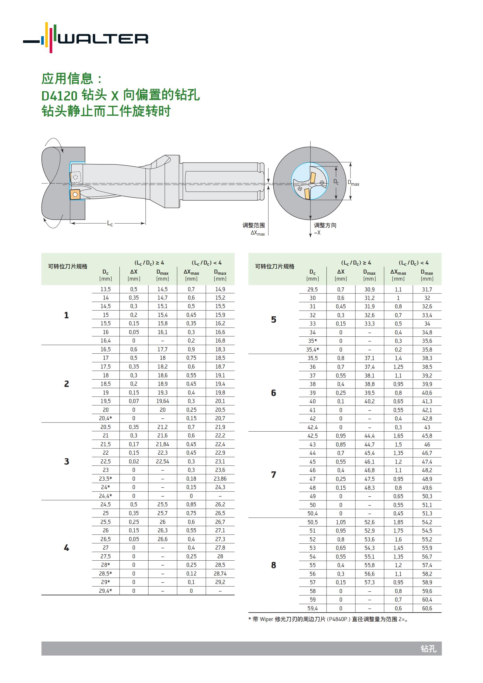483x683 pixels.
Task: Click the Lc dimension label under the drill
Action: pos(110,223)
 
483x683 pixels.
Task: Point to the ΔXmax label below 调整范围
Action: pos(258,233)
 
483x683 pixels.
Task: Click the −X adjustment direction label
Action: pos(317,233)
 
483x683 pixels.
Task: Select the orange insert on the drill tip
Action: pos(75,194)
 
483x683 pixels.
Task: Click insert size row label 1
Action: pos(66,315)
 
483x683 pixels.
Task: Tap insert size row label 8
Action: pos(273,565)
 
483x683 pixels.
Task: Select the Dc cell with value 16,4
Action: pos(106,340)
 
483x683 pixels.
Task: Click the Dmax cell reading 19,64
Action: pos(162,401)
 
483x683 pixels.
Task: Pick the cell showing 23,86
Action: pos(220,479)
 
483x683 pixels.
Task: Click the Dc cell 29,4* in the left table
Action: pos(106,591)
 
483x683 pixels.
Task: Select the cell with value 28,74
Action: pos(220,573)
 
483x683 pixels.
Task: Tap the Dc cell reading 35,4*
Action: pos(312,350)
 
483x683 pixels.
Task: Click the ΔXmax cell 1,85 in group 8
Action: pos(398,522)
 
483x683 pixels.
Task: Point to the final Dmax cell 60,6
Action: pos(427,608)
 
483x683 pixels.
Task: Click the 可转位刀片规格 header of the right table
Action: pos(274,267)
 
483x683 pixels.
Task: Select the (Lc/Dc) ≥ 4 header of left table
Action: pos(149,263)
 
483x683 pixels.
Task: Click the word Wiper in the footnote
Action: pos(266,619)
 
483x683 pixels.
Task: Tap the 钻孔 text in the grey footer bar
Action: pos(428,649)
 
